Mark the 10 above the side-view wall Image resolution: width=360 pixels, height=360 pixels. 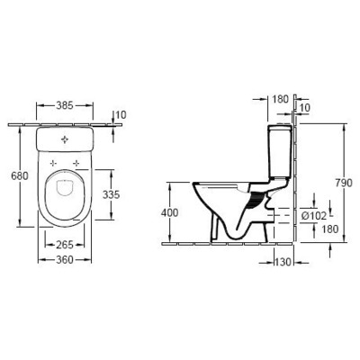coord(303,106)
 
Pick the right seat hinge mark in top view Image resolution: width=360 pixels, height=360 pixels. coord(76,163)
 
